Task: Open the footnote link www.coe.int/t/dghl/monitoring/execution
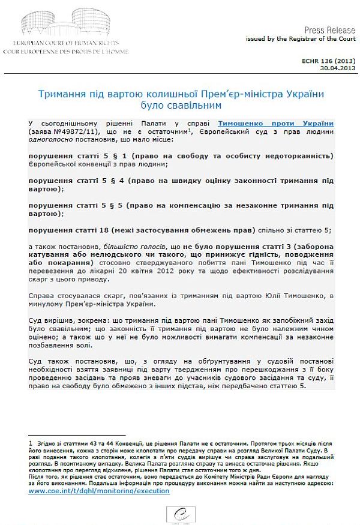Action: tap(99, 491)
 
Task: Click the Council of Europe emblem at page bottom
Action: tap(180, 513)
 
